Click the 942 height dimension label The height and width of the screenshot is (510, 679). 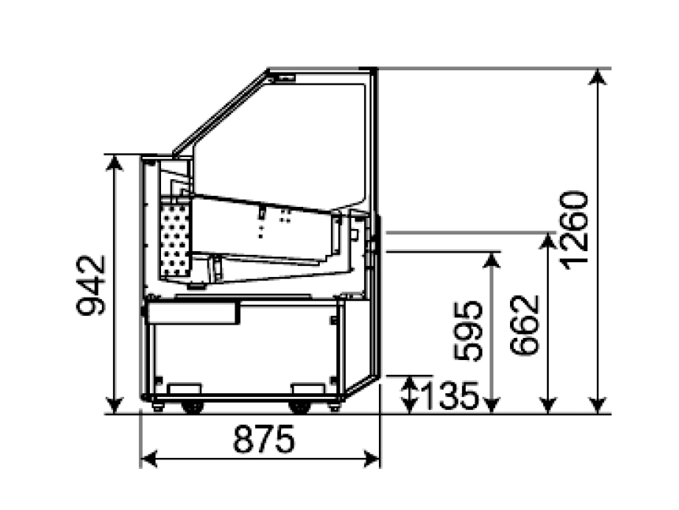pyautogui.click(x=91, y=286)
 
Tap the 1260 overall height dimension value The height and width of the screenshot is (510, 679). pyautogui.click(x=574, y=230)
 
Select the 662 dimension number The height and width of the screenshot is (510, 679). pyautogui.click(x=524, y=325)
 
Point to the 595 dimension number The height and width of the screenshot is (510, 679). pyautogui.click(x=467, y=331)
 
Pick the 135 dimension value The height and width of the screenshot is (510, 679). pyautogui.click(x=450, y=396)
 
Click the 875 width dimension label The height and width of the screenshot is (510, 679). pyautogui.click(x=264, y=439)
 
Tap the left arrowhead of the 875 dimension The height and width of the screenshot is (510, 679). pyautogui.click(x=149, y=459)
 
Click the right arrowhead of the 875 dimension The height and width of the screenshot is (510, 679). pyautogui.click(x=372, y=459)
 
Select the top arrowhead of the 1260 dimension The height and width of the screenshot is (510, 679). pyautogui.click(x=598, y=77)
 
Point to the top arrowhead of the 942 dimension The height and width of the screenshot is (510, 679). pyautogui.click(x=114, y=163)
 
